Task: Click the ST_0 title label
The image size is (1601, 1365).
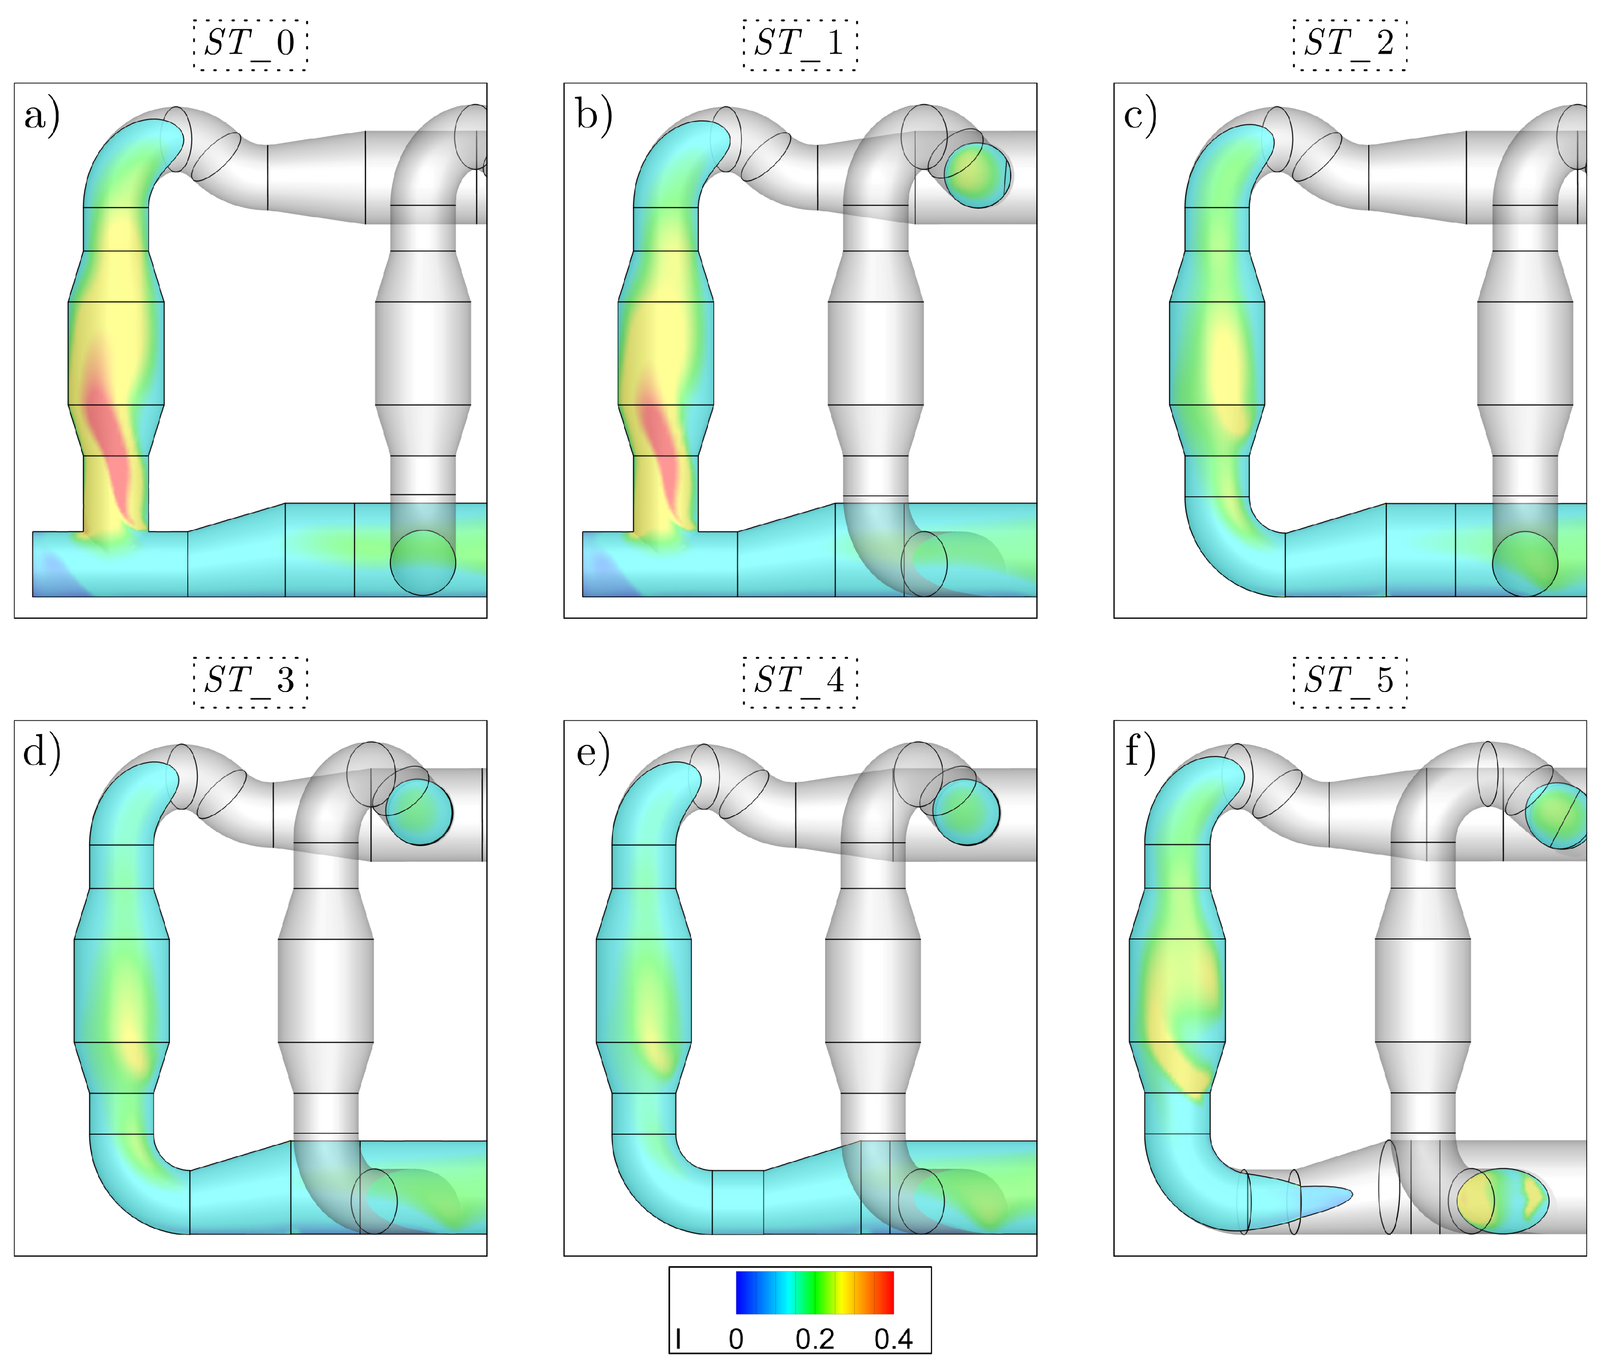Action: pos(249,44)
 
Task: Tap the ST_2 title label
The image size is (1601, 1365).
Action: pos(1349,44)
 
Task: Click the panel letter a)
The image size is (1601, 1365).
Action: pos(42,118)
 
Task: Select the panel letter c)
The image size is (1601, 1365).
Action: pos(1140,118)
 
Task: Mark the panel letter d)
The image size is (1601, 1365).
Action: pos(42,754)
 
